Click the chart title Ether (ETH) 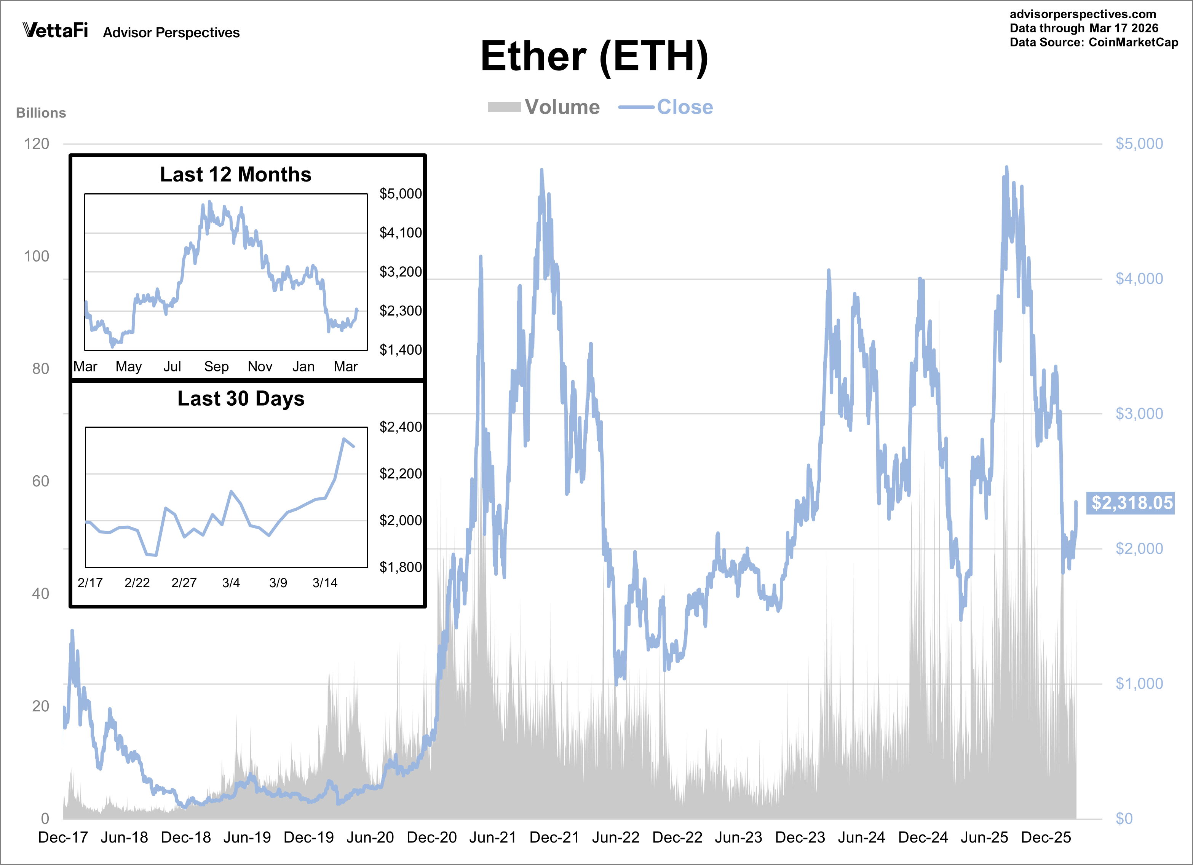pyautogui.click(x=594, y=57)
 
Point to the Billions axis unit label pyautogui.click(x=41, y=113)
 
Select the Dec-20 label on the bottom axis pyautogui.click(x=431, y=837)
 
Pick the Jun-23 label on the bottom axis pyautogui.click(x=738, y=837)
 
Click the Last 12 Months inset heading pyautogui.click(x=236, y=175)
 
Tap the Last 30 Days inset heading pyautogui.click(x=241, y=398)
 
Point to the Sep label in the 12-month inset pyautogui.click(x=216, y=366)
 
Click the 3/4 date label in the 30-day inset pyautogui.click(x=231, y=583)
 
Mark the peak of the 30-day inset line pyautogui.click(x=344, y=438)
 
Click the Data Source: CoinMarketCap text pyautogui.click(x=1094, y=43)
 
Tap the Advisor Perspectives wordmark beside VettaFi pyautogui.click(x=171, y=33)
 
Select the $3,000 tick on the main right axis pyautogui.click(x=1139, y=414)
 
